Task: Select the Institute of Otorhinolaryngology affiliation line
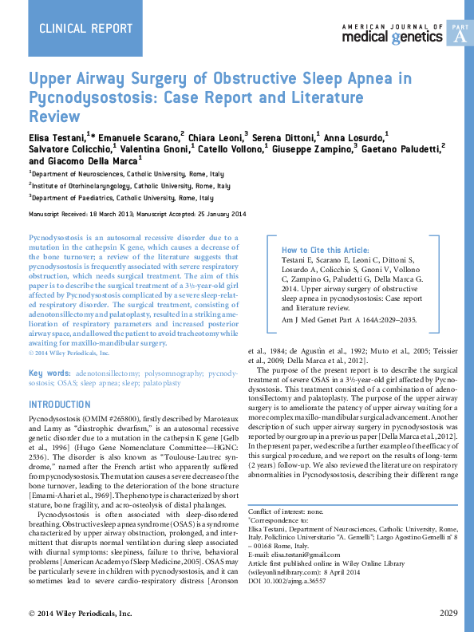pos(129,185)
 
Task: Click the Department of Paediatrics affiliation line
pos(121,198)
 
